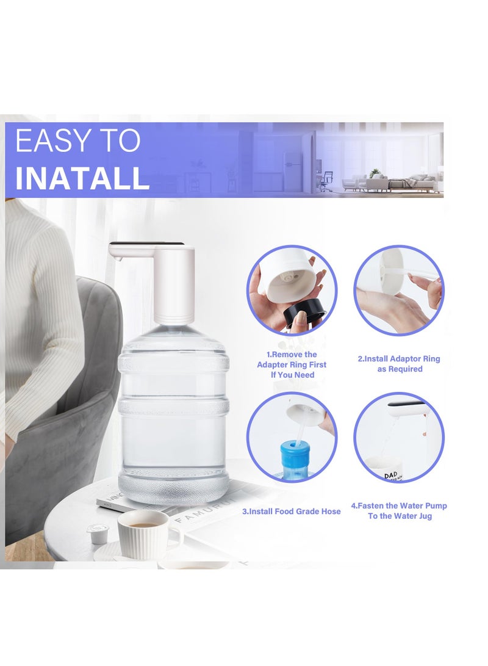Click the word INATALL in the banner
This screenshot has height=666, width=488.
pyautogui.click(x=82, y=179)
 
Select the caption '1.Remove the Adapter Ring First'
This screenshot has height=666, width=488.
pyautogui.click(x=292, y=360)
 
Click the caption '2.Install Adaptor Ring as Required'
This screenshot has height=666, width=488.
pyautogui.click(x=399, y=364)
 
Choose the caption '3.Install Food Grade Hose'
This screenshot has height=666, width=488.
pyautogui.click(x=291, y=512)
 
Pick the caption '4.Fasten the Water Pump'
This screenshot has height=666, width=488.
pyautogui.click(x=399, y=505)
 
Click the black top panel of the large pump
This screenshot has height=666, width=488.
pyautogui.click(x=147, y=244)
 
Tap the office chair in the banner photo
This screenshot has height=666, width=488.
pyautogui.click(x=327, y=182)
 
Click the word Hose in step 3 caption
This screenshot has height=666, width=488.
pyautogui.click(x=331, y=512)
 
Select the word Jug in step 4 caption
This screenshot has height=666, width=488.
pyautogui.click(x=425, y=516)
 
